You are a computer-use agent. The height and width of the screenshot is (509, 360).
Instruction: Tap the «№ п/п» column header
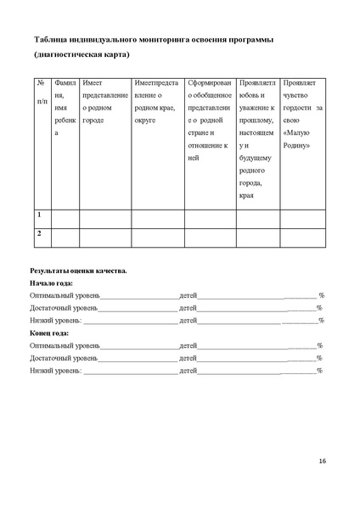(x=41, y=91)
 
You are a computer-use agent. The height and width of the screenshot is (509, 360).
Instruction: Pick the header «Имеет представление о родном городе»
(x=104, y=98)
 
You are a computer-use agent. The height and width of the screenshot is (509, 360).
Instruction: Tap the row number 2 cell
(x=39, y=232)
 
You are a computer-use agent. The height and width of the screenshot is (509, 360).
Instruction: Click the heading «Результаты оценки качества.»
(x=78, y=270)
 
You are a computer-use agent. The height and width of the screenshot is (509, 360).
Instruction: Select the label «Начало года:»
(x=52, y=282)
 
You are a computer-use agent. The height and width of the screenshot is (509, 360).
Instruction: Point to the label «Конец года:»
(x=50, y=333)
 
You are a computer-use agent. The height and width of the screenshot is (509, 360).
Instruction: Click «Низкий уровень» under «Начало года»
(x=55, y=320)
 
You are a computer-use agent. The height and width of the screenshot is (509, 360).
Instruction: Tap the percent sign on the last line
(x=319, y=371)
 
